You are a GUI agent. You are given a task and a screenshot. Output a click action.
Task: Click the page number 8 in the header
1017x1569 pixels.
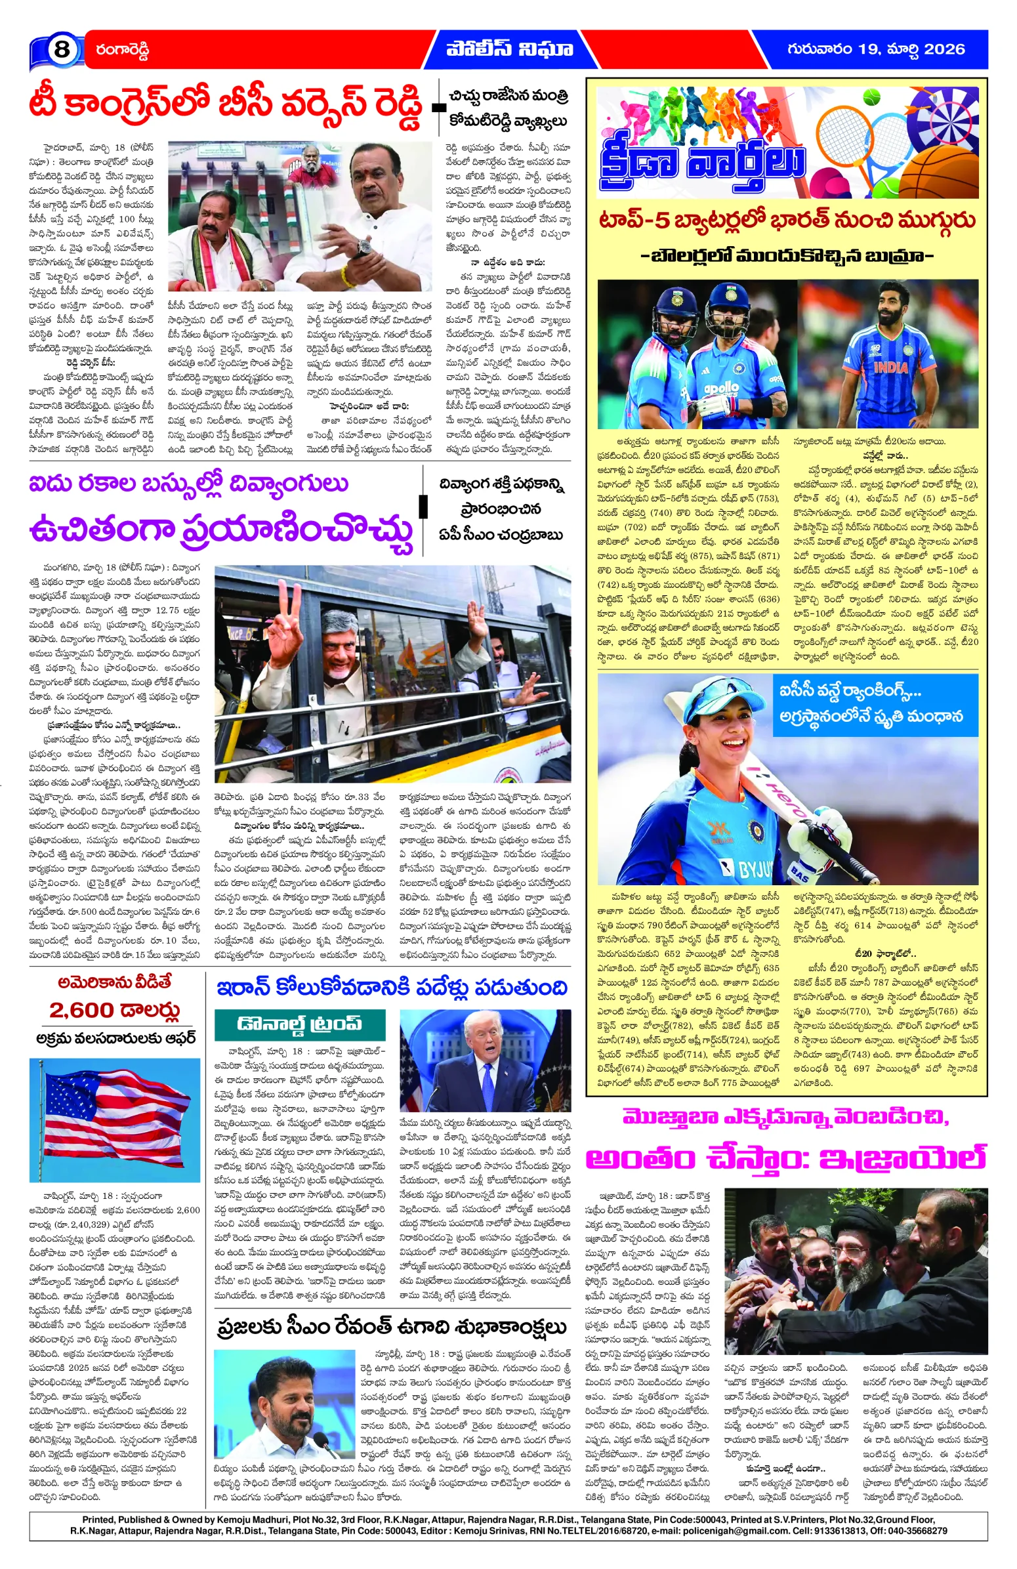coord(60,49)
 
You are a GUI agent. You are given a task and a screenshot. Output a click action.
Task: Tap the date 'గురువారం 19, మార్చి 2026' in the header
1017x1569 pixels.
coord(875,49)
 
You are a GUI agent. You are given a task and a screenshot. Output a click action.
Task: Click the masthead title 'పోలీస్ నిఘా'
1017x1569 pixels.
coord(509,49)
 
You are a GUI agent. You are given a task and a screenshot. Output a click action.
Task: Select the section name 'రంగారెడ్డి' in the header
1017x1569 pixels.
coord(122,50)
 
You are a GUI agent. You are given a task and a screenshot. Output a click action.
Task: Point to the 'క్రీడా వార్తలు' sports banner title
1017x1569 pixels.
coord(703,161)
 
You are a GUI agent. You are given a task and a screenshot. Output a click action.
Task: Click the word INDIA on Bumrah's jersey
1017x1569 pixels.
coord(890,367)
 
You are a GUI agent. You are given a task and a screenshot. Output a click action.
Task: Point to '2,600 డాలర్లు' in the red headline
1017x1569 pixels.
coord(114,1010)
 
